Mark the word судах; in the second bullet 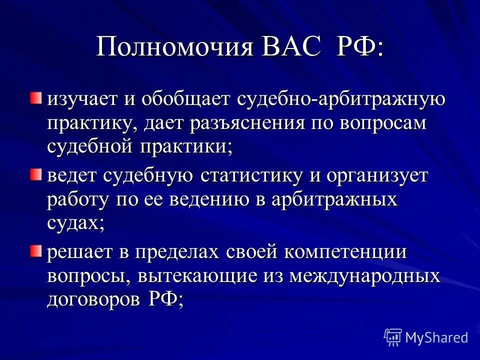pyautogui.click(x=75, y=223)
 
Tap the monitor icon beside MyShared pyautogui.click(x=393, y=337)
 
